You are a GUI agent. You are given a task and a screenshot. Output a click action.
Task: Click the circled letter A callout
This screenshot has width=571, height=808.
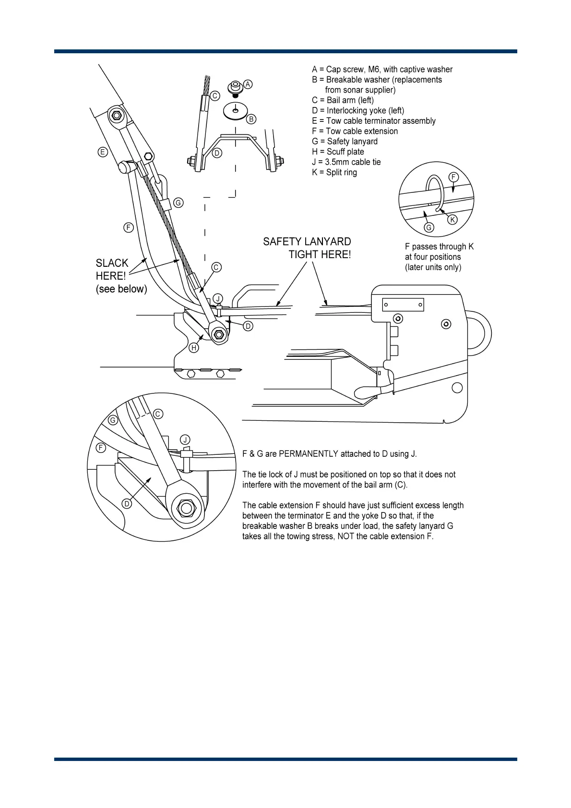click(x=248, y=84)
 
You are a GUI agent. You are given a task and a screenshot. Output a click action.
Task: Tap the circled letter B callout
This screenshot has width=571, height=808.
click(x=251, y=119)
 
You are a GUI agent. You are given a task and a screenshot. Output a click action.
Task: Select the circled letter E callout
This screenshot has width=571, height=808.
click(x=102, y=152)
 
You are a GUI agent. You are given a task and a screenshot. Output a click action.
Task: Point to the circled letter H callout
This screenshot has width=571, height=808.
click(x=194, y=348)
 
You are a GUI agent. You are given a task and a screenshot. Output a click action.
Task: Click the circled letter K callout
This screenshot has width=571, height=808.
click(x=452, y=219)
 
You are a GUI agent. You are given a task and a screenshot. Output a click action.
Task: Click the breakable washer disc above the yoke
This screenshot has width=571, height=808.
click(x=235, y=111)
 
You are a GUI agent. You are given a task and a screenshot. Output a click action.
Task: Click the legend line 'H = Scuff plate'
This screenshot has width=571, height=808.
click(x=338, y=152)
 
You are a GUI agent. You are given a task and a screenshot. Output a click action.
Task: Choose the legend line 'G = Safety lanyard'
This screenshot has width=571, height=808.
click(x=345, y=142)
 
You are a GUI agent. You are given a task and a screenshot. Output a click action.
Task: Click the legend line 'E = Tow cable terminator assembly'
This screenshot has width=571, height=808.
click(x=373, y=121)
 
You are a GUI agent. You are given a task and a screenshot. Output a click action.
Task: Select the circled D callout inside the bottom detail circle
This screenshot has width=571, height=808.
click(x=127, y=504)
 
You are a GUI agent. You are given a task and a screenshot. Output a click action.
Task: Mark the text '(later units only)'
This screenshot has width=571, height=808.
click(x=433, y=267)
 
